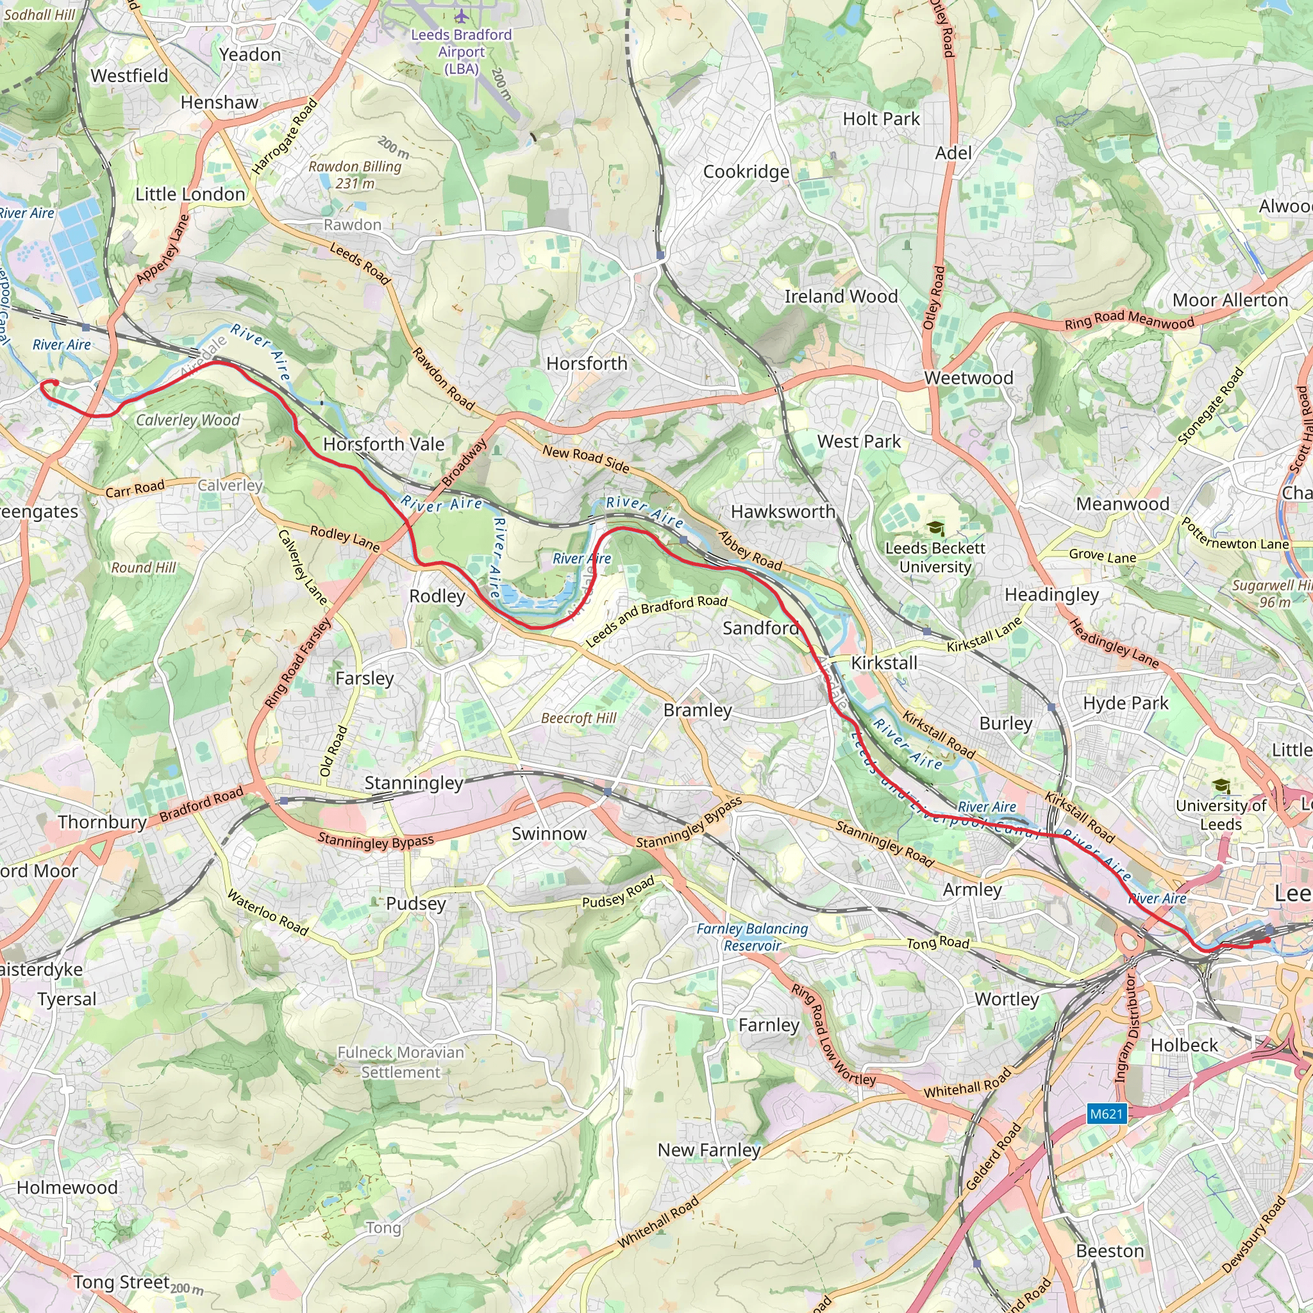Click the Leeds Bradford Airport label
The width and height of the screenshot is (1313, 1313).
[x=462, y=51]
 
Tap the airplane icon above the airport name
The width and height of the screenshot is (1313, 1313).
[x=462, y=16]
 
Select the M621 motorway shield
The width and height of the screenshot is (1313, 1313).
[x=1107, y=1113]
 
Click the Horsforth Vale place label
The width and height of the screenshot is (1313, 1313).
[x=383, y=444]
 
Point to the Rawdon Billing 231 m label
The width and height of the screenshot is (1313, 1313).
[x=355, y=174]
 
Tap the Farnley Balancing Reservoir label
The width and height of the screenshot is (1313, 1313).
[x=752, y=937]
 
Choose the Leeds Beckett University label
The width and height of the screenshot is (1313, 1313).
[x=935, y=557]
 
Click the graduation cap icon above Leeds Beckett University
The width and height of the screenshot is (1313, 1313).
[x=936, y=528]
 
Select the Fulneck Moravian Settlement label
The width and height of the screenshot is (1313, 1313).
[x=401, y=1062]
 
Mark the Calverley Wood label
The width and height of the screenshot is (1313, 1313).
[x=188, y=420]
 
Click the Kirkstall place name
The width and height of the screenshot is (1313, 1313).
[x=884, y=663]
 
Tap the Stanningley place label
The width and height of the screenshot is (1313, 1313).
[x=414, y=783]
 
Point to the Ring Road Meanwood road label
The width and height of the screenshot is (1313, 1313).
[x=1129, y=320]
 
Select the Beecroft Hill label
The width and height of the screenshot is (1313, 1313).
[x=578, y=718]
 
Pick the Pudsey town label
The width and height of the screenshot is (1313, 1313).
[x=416, y=904]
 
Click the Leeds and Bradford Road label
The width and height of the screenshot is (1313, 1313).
[x=656, y=621]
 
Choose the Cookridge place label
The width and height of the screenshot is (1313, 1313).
[x=746, y=172]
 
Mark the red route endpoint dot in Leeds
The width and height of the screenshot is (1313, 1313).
[x=1267, y=940]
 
